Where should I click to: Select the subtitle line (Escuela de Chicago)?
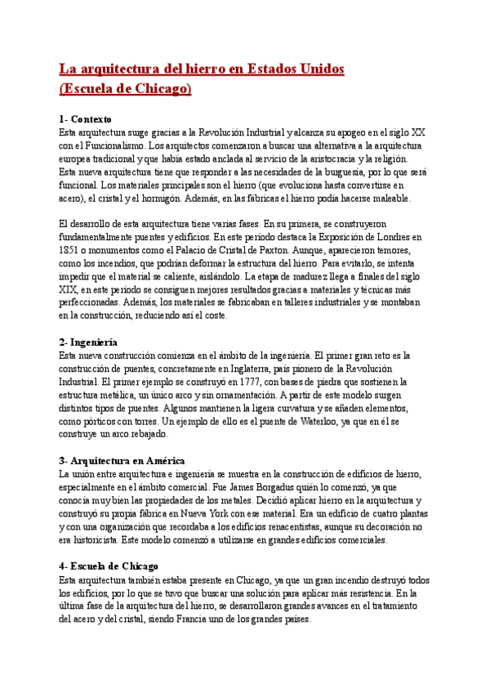[x=125, y=88]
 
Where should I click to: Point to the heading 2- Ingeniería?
[x=88, y=342]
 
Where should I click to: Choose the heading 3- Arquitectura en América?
[x=122, y=460]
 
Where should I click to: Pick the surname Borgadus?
[x=213, y=487]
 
